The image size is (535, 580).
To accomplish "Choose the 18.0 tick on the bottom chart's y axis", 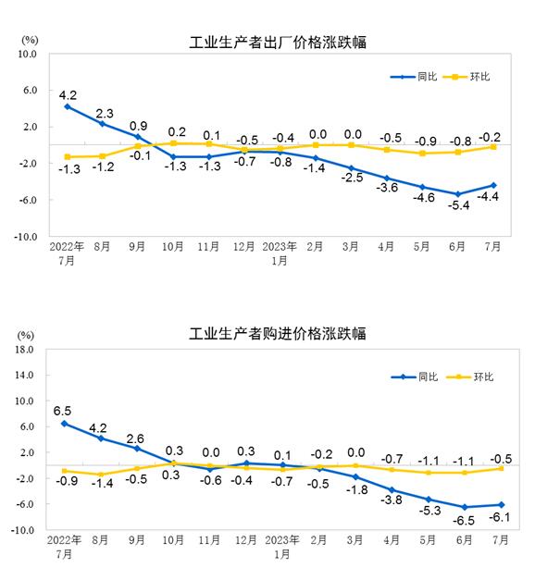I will (25, 350).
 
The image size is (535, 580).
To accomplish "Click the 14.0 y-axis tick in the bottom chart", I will (25, 376).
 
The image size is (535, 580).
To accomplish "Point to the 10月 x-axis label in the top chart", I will (173, 248).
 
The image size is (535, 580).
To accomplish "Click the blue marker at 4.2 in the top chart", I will (68, 106).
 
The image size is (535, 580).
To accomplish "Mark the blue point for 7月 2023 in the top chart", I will (494, 185).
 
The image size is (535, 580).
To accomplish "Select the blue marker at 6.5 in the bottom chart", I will (65, 424).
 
